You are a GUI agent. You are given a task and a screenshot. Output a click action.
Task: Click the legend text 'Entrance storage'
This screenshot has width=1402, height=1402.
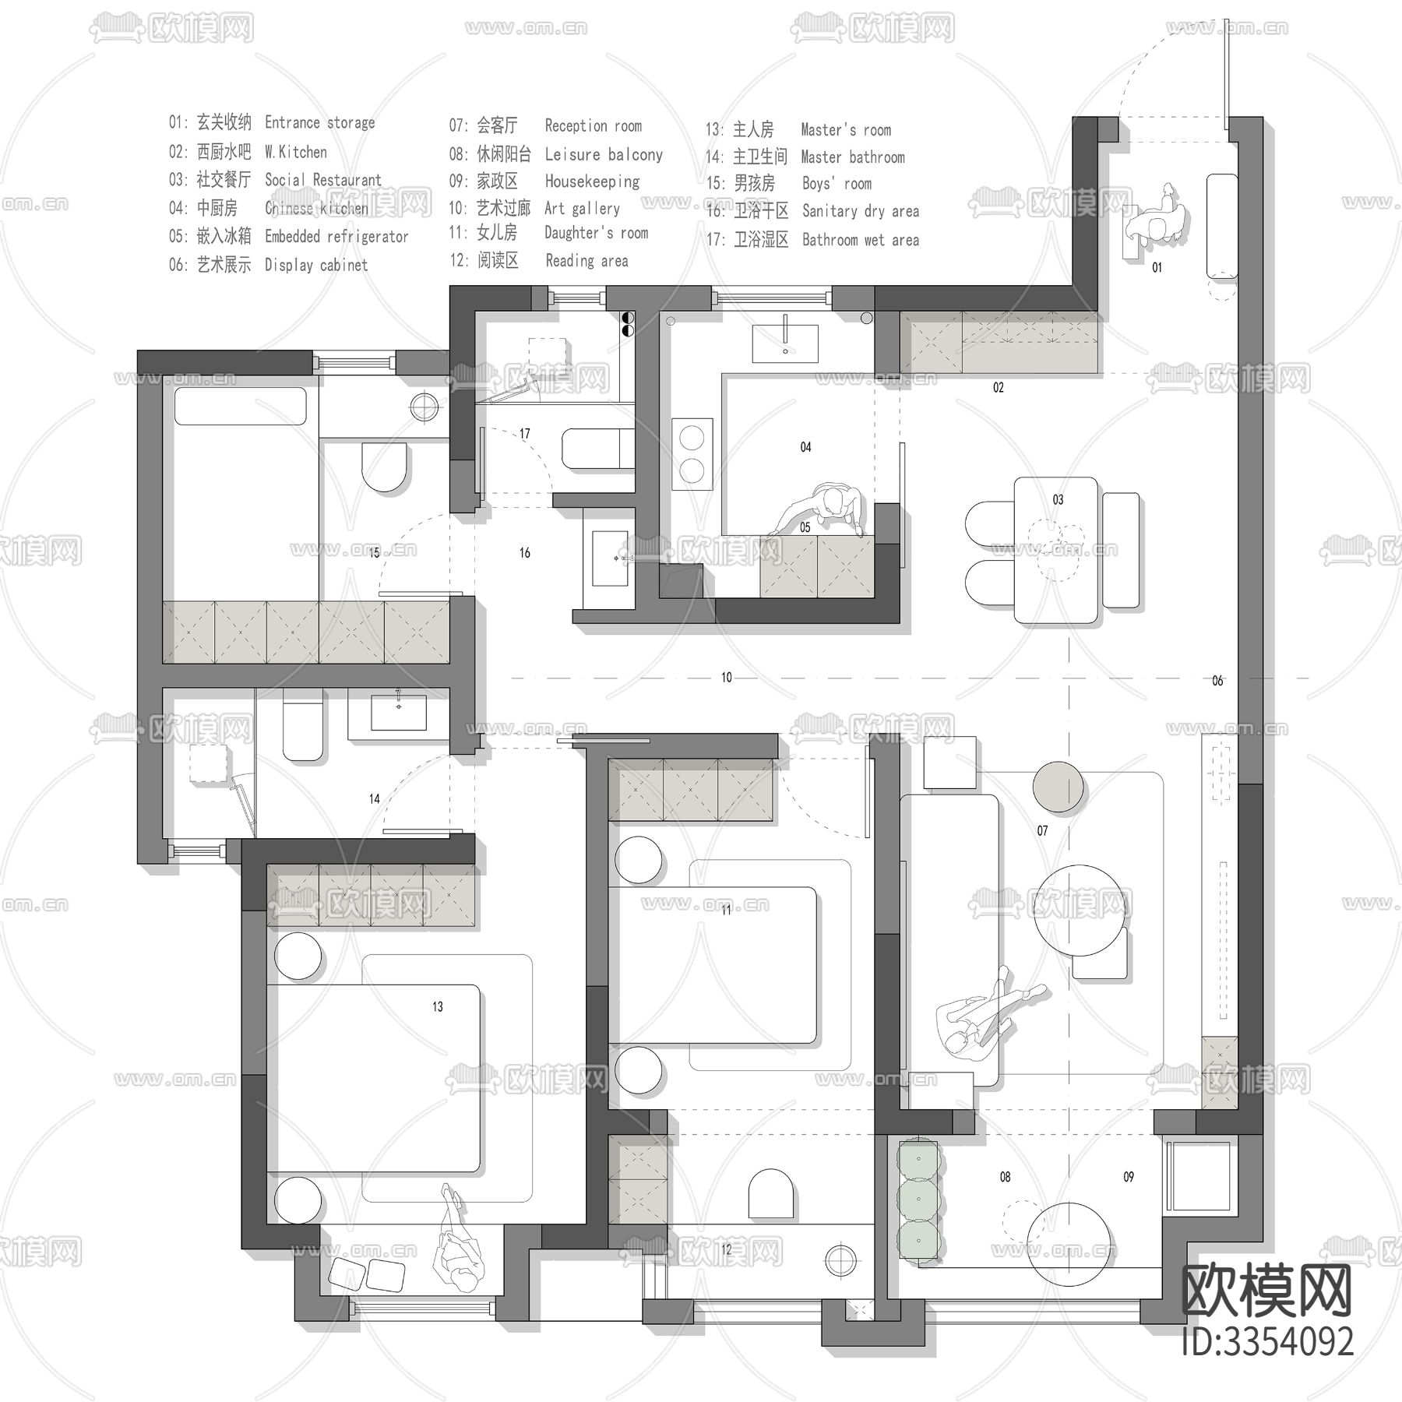[x=319, y=123]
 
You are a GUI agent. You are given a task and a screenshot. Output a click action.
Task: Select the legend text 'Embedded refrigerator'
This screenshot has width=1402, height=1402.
[x=336, y=237]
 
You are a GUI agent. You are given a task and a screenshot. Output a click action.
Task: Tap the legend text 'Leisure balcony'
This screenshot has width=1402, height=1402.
[x=604, y=155]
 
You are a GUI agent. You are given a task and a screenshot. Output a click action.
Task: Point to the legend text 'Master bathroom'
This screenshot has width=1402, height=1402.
[x=853, y=157]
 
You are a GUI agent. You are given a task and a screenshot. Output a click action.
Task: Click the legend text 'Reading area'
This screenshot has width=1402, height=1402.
[x=587, y=261]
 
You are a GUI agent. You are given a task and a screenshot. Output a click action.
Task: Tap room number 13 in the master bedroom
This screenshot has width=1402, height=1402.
[x=438, y=1007]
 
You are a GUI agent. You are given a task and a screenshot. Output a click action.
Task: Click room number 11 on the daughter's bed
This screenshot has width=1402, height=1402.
[x=726, y=910]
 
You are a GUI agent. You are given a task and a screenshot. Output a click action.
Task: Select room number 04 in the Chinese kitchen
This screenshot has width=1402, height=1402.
[x=805, y=447]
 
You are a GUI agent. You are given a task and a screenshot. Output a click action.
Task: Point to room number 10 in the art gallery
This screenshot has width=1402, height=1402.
[x=726, y=678]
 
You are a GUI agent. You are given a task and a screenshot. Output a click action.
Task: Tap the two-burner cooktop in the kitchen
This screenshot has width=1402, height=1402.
[x=692, y=454]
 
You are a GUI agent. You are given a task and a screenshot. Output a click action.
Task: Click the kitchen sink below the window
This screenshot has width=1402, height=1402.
[x=785, y=343]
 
